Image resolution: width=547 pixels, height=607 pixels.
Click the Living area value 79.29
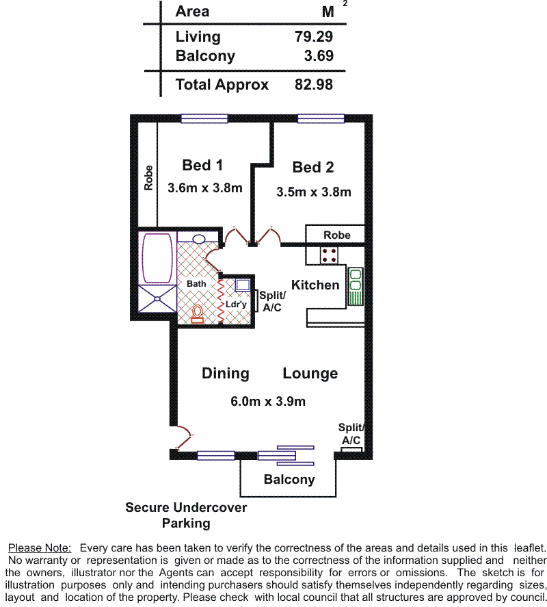[x=313, y=36]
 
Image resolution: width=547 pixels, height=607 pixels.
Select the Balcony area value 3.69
[x=319, y=55]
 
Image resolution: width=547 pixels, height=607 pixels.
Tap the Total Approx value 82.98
[x=313, y=84]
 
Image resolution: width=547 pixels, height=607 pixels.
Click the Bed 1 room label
[x=202, y=166]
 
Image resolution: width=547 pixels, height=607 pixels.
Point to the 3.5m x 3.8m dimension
[x=314, y=192]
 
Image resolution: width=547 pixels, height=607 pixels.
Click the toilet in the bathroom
[x=198, y=313]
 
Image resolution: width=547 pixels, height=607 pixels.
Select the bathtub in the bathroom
[x=157, y=258]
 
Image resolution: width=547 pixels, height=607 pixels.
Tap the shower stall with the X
[x=157, y=298]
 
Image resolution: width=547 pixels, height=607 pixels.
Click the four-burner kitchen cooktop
[x=329, y=255]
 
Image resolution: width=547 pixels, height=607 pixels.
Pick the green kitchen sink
[x=355, y=286]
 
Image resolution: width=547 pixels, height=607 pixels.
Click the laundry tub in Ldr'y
[x=243, y=285]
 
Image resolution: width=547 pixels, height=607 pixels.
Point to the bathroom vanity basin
[x=199, y=239]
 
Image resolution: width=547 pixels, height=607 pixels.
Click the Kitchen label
[x=315, y=285]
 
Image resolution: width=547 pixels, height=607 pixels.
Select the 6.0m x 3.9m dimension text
[x=268, y=401]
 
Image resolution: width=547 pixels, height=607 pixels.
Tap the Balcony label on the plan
[x=289, y=479]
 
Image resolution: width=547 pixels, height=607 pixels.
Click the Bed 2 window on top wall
[x=321, y=118]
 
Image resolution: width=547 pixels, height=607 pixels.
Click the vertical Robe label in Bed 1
[x=148, y=178]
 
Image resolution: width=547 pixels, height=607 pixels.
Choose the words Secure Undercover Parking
[x=186, y=515]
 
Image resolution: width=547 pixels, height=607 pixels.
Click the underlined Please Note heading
[x=40, y=548]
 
